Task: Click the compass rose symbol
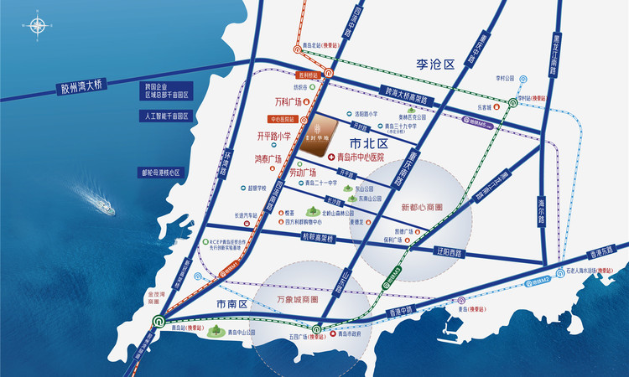[34, 27]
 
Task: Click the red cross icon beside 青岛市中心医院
[330, 157]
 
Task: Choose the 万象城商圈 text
[298, 299]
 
